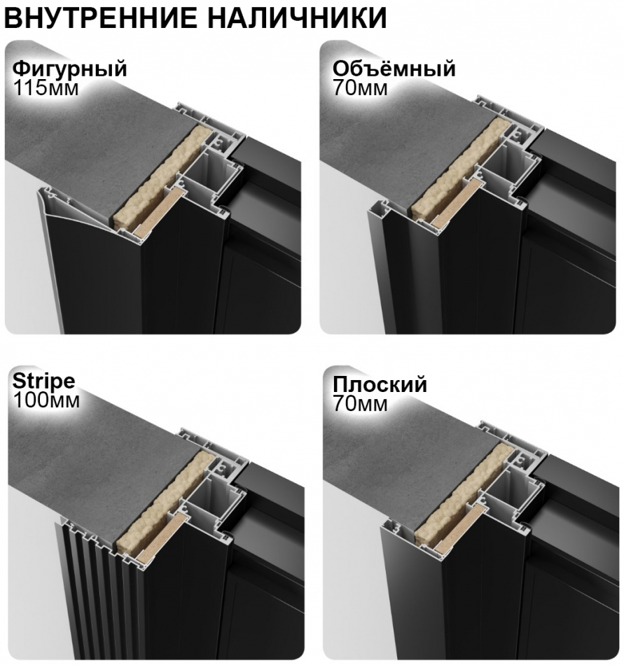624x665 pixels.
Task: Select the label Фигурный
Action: point(70,69)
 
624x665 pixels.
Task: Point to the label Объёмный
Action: point(394,69)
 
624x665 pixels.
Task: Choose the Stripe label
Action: point(43,382)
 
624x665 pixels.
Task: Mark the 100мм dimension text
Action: point(46,401)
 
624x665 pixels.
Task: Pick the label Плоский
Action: point(380,385)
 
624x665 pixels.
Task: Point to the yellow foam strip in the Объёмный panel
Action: point(459,168)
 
